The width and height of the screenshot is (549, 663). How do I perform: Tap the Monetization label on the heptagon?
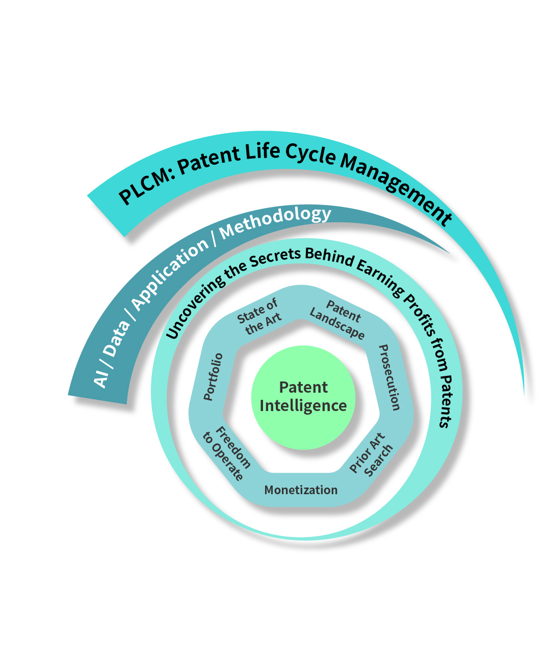pos(301,490)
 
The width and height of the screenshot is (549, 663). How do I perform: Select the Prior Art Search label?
pos(372,455)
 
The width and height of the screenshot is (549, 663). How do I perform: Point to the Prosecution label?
pos(390,377)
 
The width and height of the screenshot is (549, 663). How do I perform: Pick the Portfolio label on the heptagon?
pos(213,377)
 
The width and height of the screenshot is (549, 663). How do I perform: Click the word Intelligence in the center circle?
pos(303,406)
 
